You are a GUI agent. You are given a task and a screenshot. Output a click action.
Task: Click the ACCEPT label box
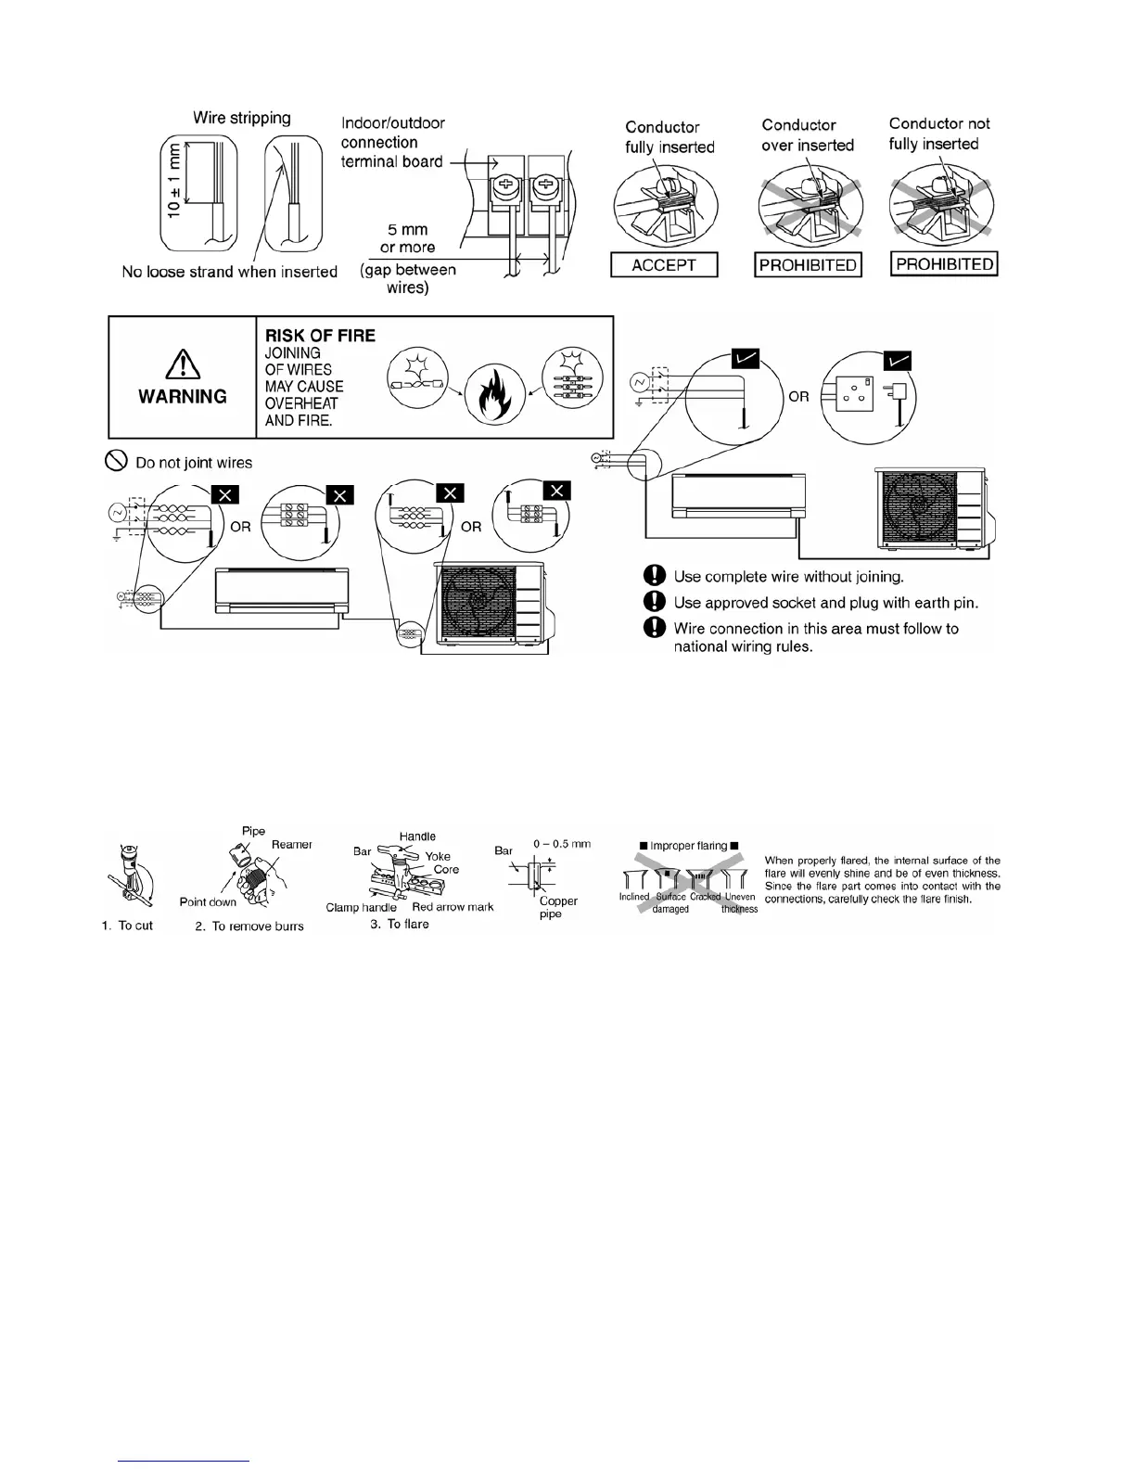(x=664, y=265)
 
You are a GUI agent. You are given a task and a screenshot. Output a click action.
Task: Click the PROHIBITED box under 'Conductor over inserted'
(x=808, y=265)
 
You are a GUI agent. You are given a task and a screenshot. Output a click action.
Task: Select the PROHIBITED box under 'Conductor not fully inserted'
(x=944, y=264)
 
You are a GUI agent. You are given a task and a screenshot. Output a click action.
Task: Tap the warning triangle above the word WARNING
(x=183, y=366)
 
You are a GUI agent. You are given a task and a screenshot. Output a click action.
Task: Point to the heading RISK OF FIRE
(x=320, y=336)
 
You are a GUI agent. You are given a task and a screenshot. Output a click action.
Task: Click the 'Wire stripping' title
(x=241, y=118)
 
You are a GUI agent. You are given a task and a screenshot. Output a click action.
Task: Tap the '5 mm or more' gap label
(x=407, y=238)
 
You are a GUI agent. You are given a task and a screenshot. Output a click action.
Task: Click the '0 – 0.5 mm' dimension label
(x=562, y=844)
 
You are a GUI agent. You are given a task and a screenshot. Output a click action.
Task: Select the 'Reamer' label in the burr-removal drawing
(x=291, y=845)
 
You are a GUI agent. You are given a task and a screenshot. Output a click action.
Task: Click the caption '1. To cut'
(x=127, y=926)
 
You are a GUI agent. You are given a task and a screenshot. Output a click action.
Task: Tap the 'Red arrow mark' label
(x=453, y=907)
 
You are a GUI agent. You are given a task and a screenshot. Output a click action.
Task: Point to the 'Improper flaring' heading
(x=688, y=846)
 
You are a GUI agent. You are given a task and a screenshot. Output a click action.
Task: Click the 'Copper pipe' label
(x=557, y=907)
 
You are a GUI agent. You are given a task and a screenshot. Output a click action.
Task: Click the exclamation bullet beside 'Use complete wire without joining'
(x=655, y=576)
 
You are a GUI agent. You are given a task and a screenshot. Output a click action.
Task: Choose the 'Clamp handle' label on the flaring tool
(x=361, y=908)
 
